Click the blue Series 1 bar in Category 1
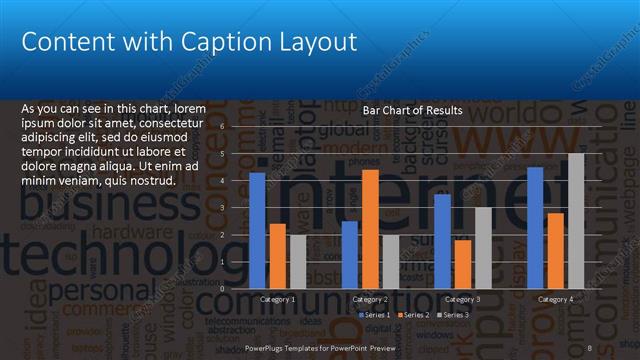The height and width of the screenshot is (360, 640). pos(257,230)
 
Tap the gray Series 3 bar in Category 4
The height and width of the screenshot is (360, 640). pos(576,220)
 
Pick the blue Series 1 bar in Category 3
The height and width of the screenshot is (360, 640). pos(442,240)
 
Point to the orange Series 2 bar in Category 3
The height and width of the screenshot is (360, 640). pos(463,263)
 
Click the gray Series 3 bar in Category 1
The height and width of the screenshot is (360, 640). pos(298,261)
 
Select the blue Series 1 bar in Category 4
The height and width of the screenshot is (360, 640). pos(535,227)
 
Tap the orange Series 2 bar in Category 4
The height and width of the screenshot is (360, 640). pos(555,250)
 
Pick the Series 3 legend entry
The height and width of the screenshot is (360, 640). pos(453,315)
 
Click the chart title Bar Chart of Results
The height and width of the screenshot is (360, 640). pos(412,111)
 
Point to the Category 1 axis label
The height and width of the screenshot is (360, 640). pos(277,299)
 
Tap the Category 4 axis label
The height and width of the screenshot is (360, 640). pos(556,299)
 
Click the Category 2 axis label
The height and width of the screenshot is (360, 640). pos(370,299)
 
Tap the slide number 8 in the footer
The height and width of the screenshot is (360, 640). pos(590,347)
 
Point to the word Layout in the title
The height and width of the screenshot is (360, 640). pos(315,43)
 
